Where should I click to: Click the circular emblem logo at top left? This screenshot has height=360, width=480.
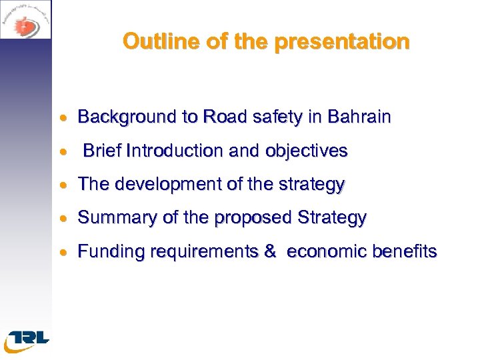point(25,19)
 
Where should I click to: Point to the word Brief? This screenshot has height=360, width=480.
point(101,151)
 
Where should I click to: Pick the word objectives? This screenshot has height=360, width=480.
point(307,151)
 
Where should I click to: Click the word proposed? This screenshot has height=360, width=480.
point(255,218)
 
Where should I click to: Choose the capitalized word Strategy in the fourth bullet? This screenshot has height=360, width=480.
point(332,218)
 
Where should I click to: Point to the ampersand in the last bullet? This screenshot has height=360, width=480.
point(270,251)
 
